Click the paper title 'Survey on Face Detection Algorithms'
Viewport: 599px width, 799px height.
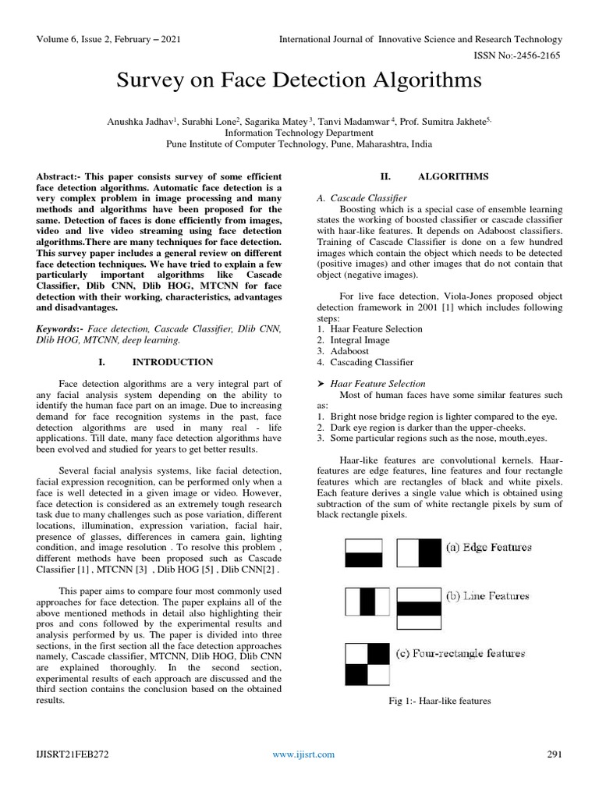(x=299, y=80)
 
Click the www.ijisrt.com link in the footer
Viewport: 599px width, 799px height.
(x=303, y=754)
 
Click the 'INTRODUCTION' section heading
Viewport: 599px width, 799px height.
(x=172, y=362)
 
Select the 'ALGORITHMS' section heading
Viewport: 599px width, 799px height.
(x=453, y=176)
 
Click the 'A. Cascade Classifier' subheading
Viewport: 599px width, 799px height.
(x=362, y=199)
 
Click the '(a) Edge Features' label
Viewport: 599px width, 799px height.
(x=488, y=547)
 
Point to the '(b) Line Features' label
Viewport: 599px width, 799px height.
(x=487, y=596)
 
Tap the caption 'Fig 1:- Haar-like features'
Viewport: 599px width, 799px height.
(x=440, y=701)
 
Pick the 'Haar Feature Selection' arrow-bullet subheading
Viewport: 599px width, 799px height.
(x=377, y=383)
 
